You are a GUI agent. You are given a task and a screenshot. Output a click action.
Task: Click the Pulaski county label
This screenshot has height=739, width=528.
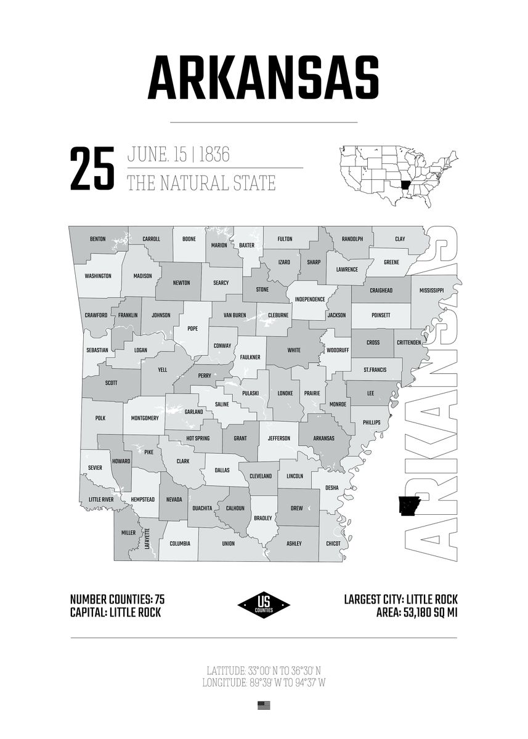click(x=250, y=393)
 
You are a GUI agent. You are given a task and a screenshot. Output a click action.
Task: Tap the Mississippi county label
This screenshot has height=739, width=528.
click(x=431, y=290)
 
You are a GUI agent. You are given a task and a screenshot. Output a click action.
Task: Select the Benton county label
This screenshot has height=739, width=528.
click(x=97, y=239)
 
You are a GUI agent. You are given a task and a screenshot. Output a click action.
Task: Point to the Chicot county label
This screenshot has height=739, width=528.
click(x=333, y=544)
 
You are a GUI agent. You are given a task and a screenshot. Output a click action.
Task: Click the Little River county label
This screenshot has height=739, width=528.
click(x=100, y=499)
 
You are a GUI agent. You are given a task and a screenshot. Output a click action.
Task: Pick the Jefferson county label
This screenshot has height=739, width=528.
click(x=278, y=438)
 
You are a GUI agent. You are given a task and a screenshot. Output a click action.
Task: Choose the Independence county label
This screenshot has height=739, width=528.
click(x=309, y=299)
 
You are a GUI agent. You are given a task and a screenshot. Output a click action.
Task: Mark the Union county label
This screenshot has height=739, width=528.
click(x=228, y=544)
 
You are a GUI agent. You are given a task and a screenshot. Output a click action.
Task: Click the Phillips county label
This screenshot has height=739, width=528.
click(x=372, y=422)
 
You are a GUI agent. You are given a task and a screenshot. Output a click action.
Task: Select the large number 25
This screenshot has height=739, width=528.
click(x=92, y=168)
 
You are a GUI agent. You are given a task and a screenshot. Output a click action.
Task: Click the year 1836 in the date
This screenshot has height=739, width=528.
click(x=214, y=154)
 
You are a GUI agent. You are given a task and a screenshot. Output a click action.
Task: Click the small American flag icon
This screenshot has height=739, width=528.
click(x=264, y=706)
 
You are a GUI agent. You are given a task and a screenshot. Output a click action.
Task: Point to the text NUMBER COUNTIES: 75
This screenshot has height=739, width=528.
click(x=117, y=599)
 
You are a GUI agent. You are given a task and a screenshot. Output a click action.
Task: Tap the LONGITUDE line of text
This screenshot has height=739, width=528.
click(x=264, y=682)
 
